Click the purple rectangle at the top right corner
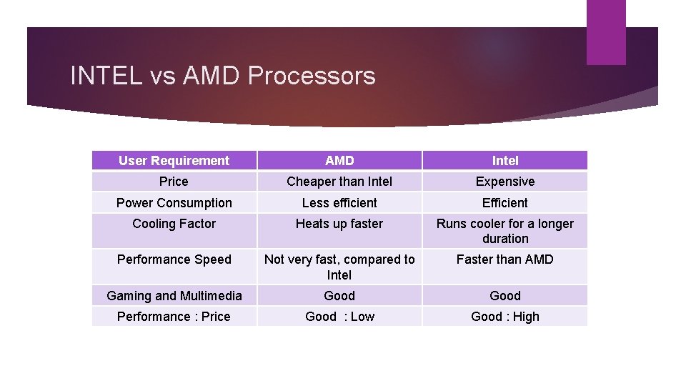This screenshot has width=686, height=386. tap(605, 32)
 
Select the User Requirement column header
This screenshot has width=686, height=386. tap(174, 161)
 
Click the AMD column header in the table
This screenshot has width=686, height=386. tap(339, 161)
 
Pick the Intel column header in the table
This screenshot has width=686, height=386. tap(505, 161)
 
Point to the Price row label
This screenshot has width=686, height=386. tap(174, 182)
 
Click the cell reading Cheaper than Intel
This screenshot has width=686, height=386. tap(339, 182)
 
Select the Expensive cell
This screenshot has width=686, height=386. tap(505, 182)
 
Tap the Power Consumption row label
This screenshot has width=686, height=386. tap(174, 203)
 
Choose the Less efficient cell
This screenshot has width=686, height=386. tap(339, 203)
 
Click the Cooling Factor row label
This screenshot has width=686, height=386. tap(174, 224)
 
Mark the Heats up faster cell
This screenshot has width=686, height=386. tap(339, 224)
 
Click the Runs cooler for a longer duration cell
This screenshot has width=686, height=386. tap(505, 231)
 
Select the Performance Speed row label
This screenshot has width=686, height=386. tap(174, 259)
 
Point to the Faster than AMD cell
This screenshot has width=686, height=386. tap(505, 259)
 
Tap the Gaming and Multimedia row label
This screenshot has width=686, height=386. tap(174, 296)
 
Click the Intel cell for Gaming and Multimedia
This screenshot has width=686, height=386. tap(505, 296)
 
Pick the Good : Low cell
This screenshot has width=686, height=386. tap(339, 317)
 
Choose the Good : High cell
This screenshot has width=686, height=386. tap(505, 317)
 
